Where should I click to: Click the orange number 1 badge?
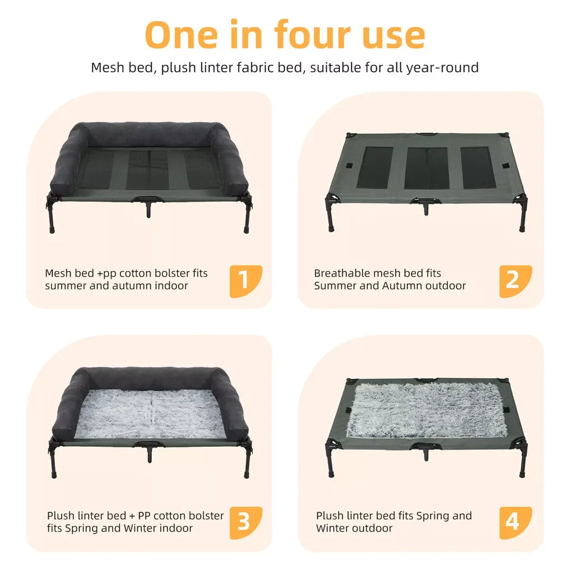point(245,281)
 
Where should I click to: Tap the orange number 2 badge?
point(515,281)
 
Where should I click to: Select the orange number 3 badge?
point(245,523)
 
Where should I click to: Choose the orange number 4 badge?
point(515,523)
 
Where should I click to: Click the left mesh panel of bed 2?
point(376,168)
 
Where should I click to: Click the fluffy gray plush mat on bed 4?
point(425,410)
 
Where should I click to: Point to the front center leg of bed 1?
point(149,209)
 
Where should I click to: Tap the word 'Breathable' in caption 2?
point(340,273)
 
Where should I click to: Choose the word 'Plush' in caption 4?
point(330,516)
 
